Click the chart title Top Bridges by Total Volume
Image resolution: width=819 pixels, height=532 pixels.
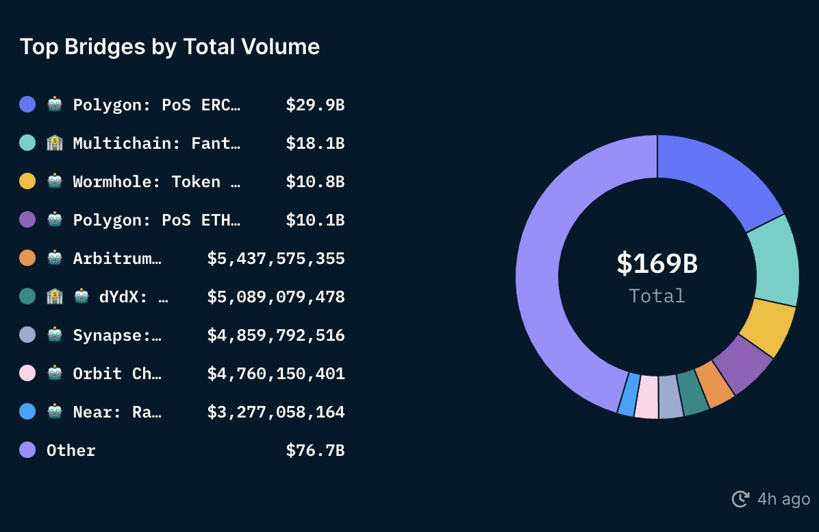[x=170, y=47]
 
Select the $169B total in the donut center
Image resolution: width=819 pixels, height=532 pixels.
[x=656, y=264]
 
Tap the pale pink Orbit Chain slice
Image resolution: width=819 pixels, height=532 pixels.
[x=646, y=396]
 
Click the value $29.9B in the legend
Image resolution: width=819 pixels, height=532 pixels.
[x=315, y=105]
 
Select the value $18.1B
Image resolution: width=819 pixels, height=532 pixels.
[x=315, y=143]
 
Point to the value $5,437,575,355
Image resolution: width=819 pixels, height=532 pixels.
[x=276, y=258]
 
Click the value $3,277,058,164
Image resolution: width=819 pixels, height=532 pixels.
[x=276, y=412]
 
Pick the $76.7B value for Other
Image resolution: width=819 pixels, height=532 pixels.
[x=315, y=450]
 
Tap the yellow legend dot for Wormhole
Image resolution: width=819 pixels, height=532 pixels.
[x=27, y=182]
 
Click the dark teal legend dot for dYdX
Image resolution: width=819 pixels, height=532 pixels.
[x=27, y=297]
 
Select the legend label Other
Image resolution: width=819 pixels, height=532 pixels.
[x=71, y=450]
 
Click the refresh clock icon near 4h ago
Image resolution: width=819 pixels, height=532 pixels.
[x=740, y=499]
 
